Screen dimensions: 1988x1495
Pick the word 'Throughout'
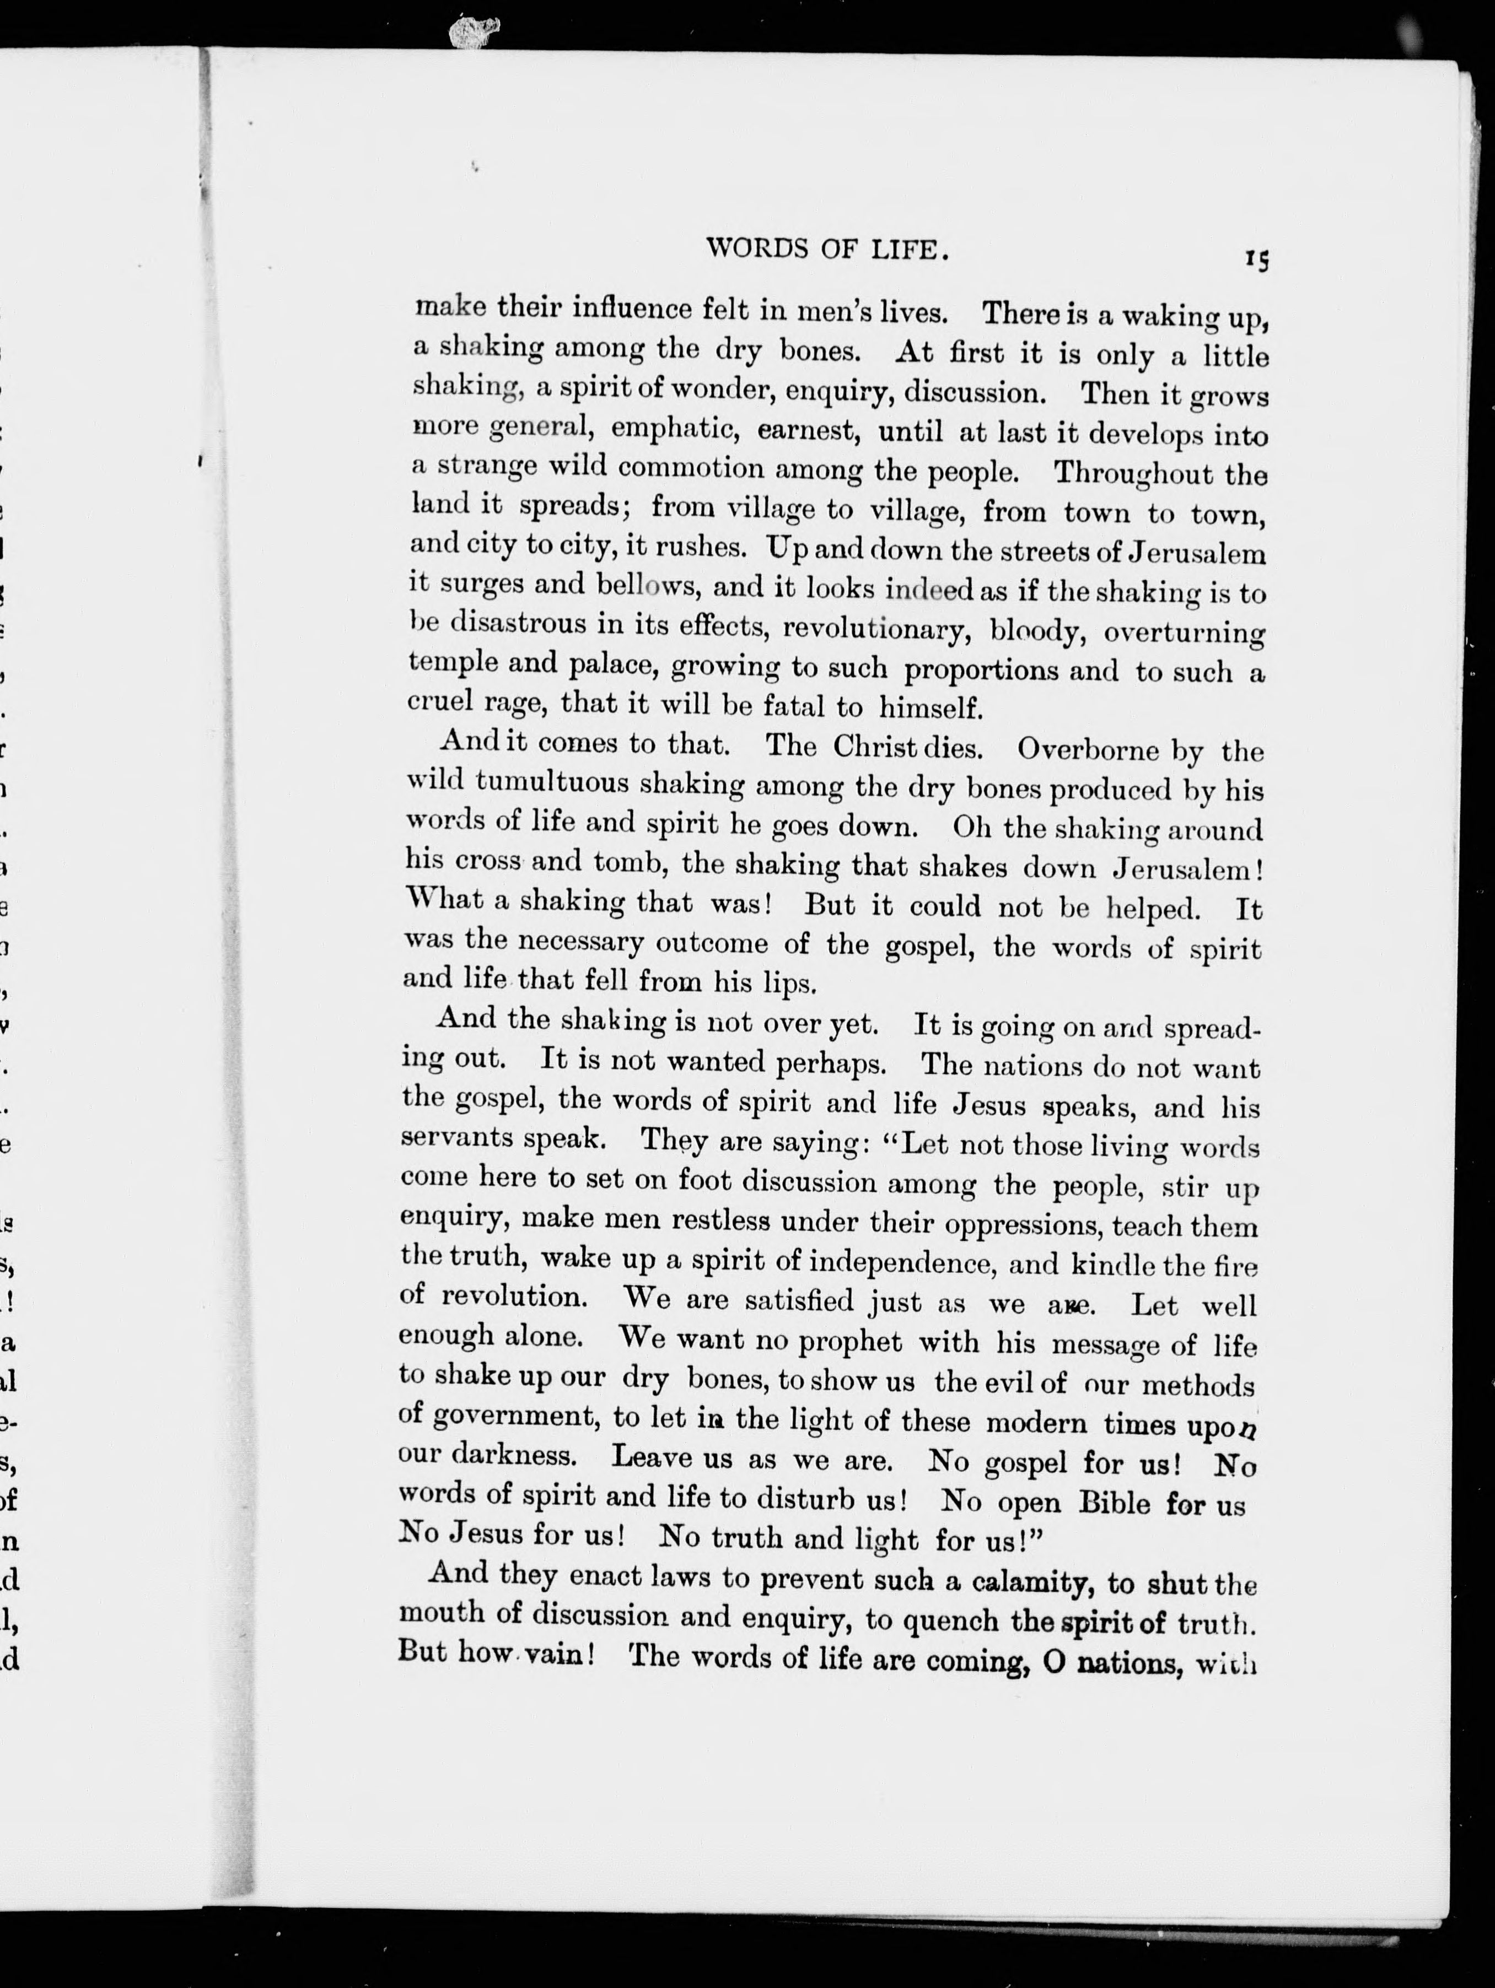tap(1133, 473)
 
